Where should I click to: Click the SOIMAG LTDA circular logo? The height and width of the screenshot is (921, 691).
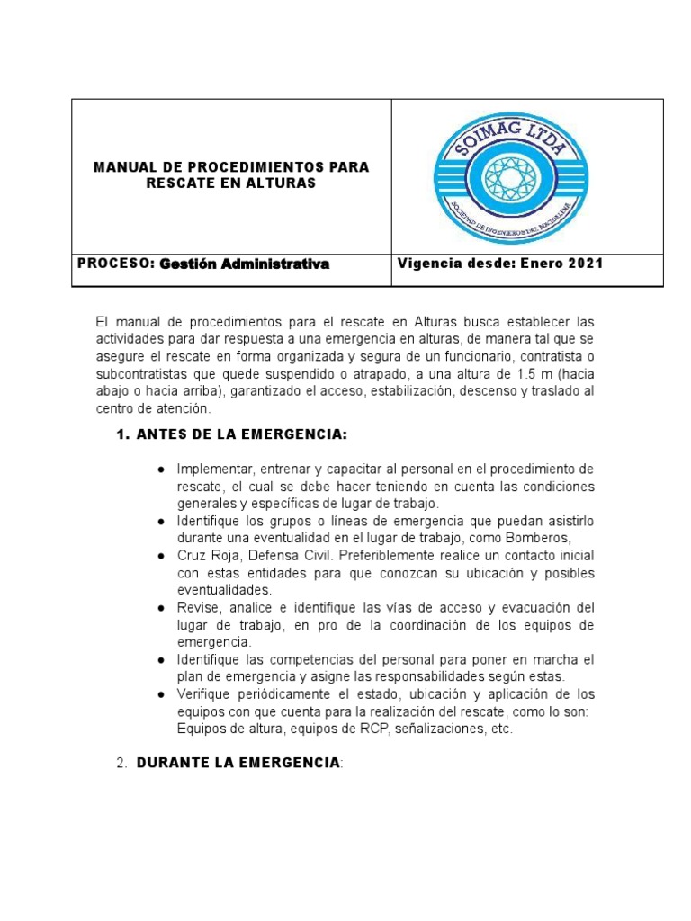point(527,175)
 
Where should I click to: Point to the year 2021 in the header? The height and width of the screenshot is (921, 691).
point(584,264)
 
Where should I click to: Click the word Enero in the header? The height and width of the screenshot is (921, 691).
point(541,264)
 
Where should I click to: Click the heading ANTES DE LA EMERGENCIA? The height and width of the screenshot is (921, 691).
point(241,434)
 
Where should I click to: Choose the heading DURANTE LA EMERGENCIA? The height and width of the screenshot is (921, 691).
point(238,763)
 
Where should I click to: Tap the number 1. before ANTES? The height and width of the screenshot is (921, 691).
point(123,434)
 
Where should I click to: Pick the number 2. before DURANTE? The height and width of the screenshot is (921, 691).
point(123,763)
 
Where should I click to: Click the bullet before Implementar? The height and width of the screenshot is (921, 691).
point(160,469)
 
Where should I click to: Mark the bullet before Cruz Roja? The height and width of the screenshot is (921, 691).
point(160,556)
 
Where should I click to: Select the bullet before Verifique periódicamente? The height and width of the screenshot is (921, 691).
point(160,694)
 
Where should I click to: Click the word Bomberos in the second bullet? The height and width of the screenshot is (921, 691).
point(561,539)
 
